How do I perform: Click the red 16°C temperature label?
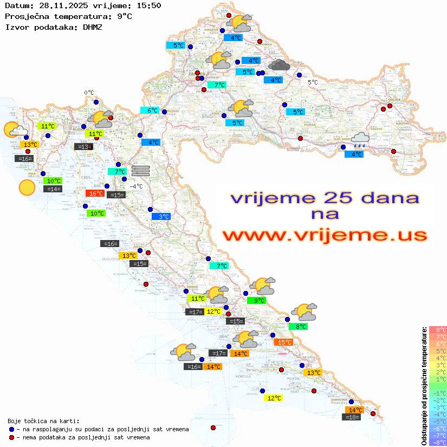(x=95, y=193)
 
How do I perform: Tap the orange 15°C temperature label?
(x=284, y=342)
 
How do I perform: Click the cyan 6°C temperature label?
(x=150, y=111)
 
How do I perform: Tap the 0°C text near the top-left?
(x=89, y=93)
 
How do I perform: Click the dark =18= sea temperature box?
(x=352, y=417)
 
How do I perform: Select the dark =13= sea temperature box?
(x=83, y=146)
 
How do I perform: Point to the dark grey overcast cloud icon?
(x=279, y=66)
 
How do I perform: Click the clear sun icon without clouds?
(x=27, y=188)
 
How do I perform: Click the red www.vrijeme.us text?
(x=325, y=236)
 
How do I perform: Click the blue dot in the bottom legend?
(x=12, y=429)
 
